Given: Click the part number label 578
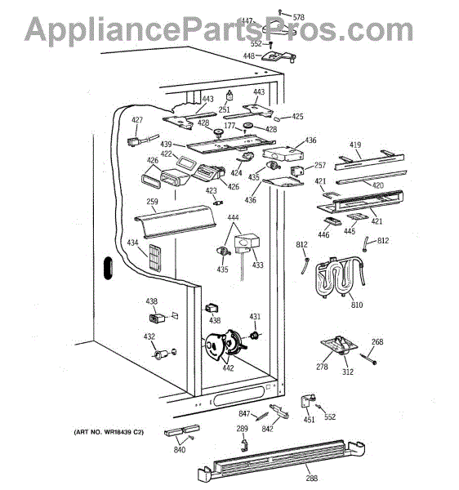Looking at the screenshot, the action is (298, 17).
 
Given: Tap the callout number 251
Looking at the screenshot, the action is (224, 109).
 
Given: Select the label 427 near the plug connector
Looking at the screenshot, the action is (137, 120).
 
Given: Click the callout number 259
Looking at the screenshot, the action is (152, 202).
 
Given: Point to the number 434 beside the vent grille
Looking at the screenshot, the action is (133, 243).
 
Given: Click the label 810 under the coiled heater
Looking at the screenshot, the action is (357, 305).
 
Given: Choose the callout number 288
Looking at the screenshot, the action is (311, 478).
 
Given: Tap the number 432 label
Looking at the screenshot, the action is (149, 336).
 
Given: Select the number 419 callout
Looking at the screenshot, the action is (355, 145).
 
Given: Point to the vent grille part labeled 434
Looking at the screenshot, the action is (156, 257).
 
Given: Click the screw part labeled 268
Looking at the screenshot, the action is (368, 359).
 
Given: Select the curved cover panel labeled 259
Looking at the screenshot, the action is (175, 221).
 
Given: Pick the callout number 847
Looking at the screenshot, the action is (244, 414).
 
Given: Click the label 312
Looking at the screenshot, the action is (348, 372).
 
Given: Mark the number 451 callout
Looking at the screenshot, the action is (309, 419).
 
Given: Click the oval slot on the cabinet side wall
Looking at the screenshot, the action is (108, 268).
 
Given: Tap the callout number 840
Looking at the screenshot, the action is (180, 450).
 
